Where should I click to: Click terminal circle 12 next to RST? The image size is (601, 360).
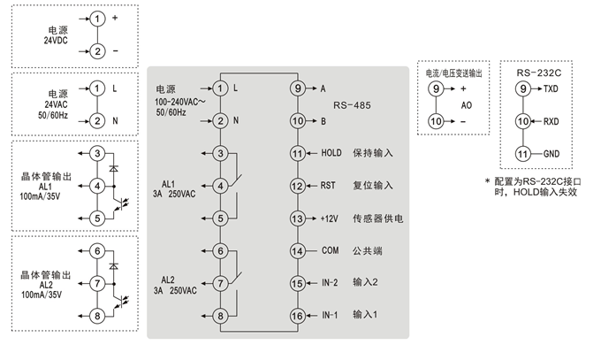coord(297,186)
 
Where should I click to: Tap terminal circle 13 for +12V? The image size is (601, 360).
coord(297,218)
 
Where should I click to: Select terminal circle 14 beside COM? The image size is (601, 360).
coord(297,250)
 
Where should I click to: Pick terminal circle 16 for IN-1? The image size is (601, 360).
coord(297,315)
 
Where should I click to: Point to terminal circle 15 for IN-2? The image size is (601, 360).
coord(297,283)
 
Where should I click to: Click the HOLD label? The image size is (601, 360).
coord(331,154)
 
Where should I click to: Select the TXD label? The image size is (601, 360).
coord(551,89)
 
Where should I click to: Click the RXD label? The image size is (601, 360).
coord(551,121)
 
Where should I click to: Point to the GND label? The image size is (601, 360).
coord(551,154)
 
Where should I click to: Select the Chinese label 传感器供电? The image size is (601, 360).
coord(378,218)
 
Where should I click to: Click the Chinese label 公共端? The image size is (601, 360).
coord(367,250)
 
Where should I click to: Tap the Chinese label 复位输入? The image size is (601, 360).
coord(372,186)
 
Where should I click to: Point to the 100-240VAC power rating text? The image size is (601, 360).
coord(180,103)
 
